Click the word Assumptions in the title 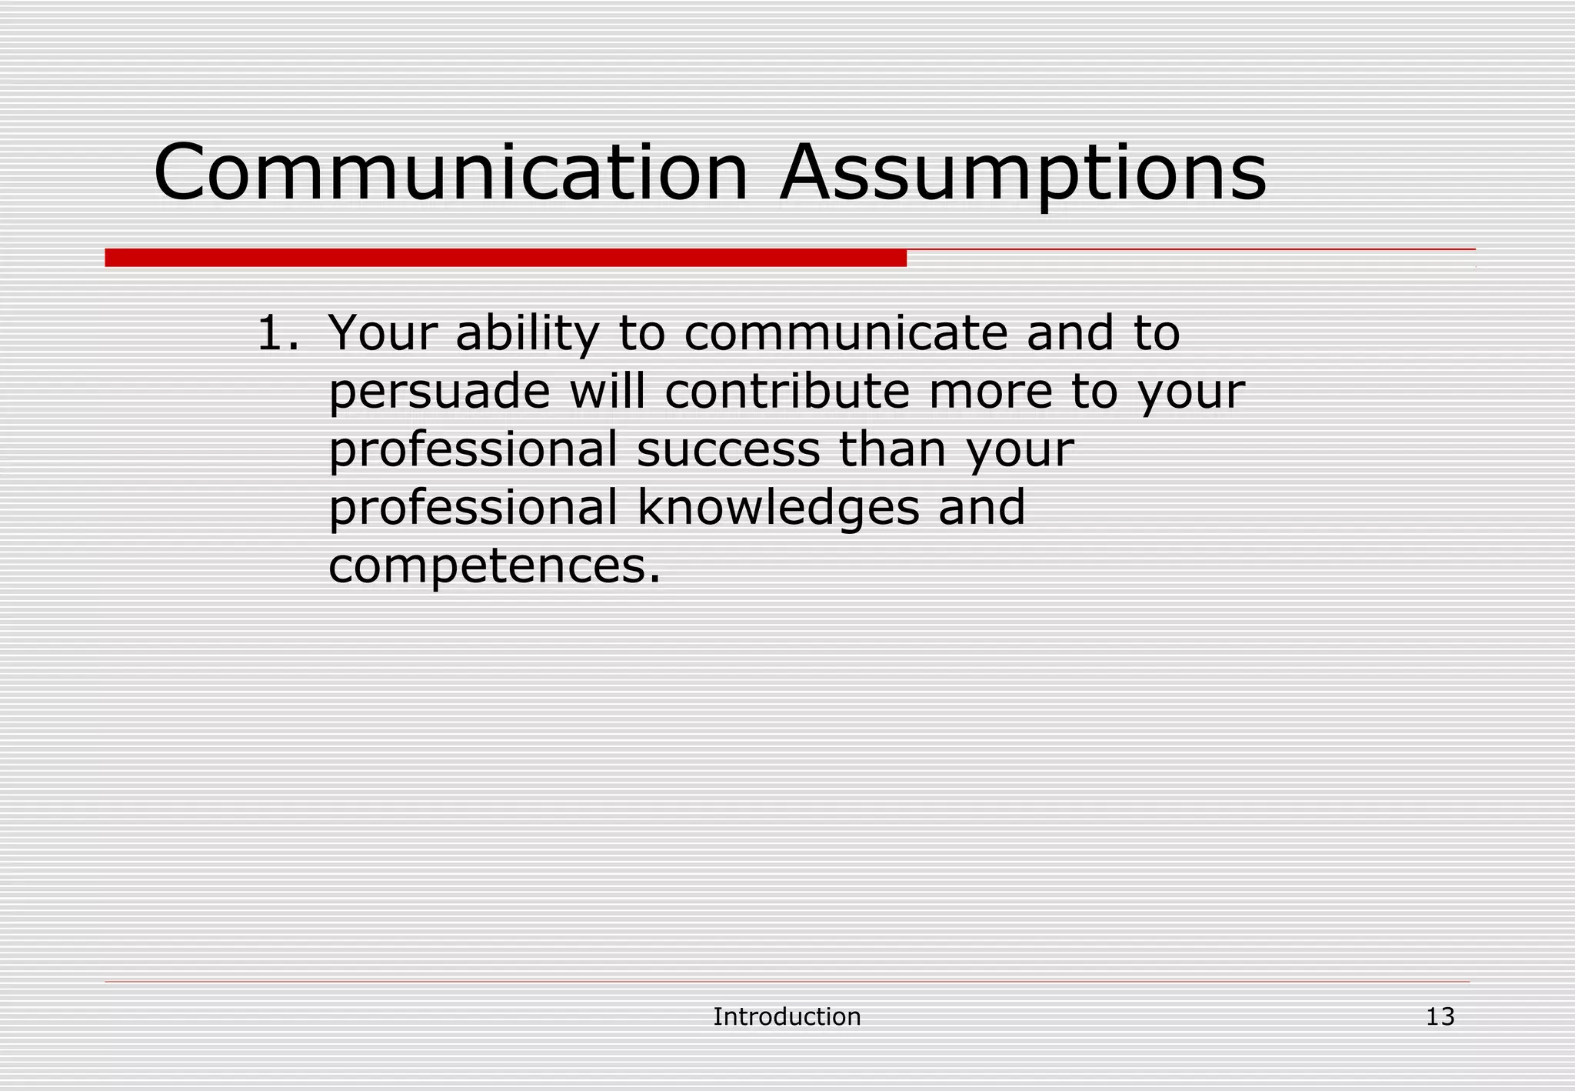pos(1022,174)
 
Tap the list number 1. pos(276,333)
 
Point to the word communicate pos(844,333)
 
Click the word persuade pos(439,392)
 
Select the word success pos(728,449)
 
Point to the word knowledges pos(778,509)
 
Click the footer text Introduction pos(787,1016)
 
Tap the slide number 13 pos(1440,1016)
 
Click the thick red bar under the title pos(505,258)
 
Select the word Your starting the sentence pos(383,334)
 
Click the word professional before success pos(473,450)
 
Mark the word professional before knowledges pos(473,509)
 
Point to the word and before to pos(1070,333)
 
